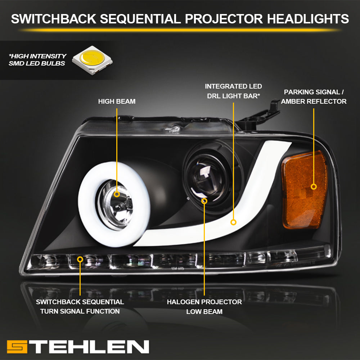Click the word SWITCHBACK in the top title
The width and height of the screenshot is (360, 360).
pos(54,19)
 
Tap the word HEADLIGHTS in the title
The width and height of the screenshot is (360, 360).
pos(308,19)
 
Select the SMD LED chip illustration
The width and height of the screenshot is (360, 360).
pos(92,60)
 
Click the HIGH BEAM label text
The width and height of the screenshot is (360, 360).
pos(117,101)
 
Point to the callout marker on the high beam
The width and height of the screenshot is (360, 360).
pos(117,194)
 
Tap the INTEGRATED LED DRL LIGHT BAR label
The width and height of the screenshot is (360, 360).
pos(233,91)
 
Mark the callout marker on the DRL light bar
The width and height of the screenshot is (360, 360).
pos(233,222)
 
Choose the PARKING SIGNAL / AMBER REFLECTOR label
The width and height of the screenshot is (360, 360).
pos(314,96)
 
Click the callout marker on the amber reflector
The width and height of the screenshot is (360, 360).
pos(314,186)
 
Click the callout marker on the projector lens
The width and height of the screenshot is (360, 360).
pos(204,201)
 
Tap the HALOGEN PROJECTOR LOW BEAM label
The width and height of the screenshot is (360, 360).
pos(204,307)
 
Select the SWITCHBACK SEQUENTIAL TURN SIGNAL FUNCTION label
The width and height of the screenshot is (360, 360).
pos(80,306)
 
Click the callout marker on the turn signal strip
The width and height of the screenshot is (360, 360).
pos(80,260)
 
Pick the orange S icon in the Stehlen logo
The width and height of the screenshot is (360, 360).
pos(17,347)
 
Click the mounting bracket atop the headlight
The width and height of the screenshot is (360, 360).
pos(260,116)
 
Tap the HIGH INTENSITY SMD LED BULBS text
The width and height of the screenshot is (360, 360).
pos(37,60)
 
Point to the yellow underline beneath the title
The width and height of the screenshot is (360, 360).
pos(180,30)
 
